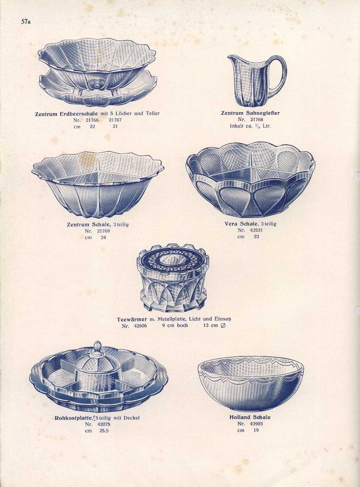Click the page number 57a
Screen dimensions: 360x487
tap(26, 22)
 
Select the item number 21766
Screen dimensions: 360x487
tap(92, 120)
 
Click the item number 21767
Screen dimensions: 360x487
tap(115, 120)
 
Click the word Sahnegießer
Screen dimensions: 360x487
tap(262, 113)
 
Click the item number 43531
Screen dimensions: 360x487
tap(256, 230)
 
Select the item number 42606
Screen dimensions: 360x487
tap(140, 326)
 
